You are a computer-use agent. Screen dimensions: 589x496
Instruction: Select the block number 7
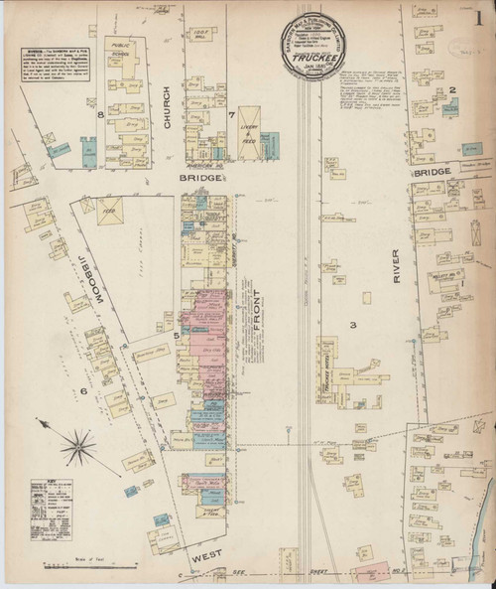[231, 115]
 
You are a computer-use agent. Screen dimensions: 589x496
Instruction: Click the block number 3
[351, 325]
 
